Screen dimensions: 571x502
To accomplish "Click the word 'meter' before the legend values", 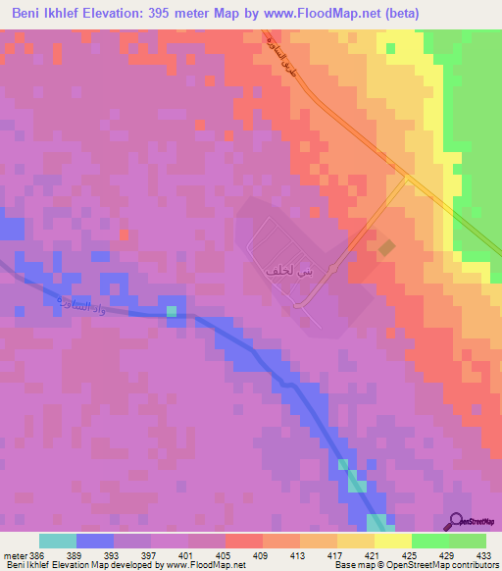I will (15, 555).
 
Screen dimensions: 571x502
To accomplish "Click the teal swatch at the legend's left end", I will (58, 541).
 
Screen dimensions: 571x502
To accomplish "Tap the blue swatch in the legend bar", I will (95, 541).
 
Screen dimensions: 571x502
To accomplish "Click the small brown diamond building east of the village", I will (388, 249).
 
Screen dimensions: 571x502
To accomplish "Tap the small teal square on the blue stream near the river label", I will (173, 312).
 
